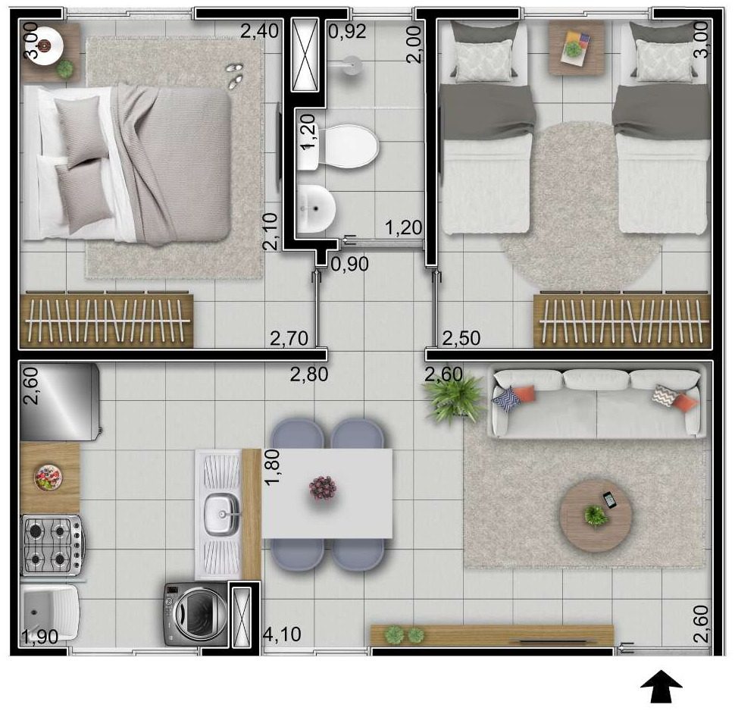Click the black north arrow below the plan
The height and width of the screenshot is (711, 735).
click(661, 686)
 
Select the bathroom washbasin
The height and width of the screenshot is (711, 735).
click(316, 208)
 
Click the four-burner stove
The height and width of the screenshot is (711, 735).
click(53, 545)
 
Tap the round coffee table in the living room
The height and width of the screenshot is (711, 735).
click(596, 515)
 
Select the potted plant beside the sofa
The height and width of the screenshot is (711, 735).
click(454, 399)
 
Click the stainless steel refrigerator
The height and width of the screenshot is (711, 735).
click(60, 402)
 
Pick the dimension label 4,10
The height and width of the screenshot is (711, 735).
click(282, 634)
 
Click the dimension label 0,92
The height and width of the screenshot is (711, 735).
click(347, 31)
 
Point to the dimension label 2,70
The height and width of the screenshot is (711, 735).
click(289, 338)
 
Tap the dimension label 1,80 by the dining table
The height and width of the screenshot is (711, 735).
click(272, 467)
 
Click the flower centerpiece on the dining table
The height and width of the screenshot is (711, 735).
click(323, 487)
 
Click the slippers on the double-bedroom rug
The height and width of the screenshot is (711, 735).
click(234, 75)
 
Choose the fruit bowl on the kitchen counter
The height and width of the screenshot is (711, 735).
click(48, 478)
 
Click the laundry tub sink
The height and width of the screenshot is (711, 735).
click(49, 612)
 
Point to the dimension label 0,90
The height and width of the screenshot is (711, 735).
click(350, 264)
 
